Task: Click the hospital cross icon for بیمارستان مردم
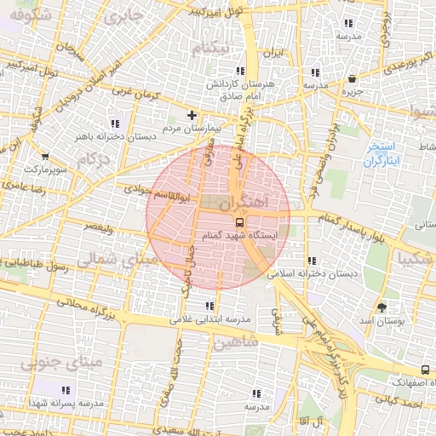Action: pos(192,115)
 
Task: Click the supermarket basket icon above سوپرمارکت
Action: pos(45,157)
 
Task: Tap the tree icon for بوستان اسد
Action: pos(381,307)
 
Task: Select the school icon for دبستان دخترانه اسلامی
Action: pos(312,261)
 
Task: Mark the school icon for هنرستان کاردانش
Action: pos(239,72)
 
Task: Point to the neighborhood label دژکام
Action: pos(93,159)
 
